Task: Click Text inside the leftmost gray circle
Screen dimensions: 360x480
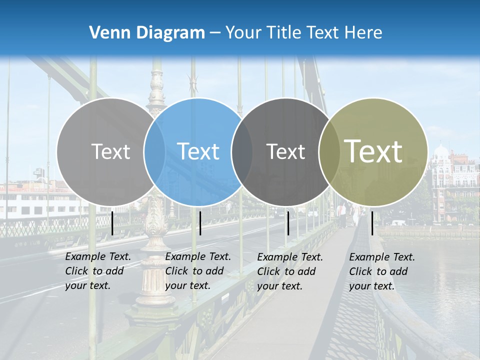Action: click(110, 151)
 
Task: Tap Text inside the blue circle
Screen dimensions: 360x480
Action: click(198, 151)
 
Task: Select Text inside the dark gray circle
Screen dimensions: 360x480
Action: click(285, 151)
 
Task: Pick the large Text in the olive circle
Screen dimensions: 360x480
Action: click(373, 151)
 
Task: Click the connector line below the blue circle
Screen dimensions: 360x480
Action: click(200, 223)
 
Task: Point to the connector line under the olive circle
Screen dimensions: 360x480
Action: click(372, 223)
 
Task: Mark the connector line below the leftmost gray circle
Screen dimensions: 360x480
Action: click(112, 223)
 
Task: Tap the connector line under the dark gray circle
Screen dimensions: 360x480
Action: click(288, 223)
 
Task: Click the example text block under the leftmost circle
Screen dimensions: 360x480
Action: click(98, 271)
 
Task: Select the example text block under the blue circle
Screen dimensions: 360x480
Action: click(198, 271)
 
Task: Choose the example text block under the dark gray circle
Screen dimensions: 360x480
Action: click(290, 271)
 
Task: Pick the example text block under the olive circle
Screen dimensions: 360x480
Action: click(382, 271)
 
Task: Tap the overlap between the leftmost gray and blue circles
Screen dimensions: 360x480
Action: click(154, 151)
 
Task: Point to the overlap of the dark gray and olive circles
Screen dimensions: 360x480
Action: click(328, 151)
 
